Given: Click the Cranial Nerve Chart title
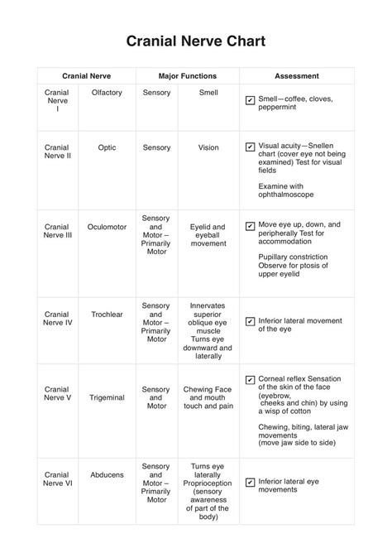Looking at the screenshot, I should [x=196, y=41].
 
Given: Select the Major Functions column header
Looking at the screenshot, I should [x=182, y=74].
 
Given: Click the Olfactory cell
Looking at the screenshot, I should [x=107, y=93].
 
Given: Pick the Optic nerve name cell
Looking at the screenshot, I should [x=107, y=147].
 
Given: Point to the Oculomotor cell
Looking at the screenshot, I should [x=107, y=226].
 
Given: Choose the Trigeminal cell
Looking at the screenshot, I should [x=107, y=397].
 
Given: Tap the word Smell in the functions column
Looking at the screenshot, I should [x=208, y=93].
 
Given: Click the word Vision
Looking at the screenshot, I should [x=208, y=147].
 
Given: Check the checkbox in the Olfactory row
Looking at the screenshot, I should [x=250, y=100].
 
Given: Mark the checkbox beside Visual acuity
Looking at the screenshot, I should [x=250, y=147].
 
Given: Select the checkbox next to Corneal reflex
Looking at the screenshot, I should [x=250, y=380].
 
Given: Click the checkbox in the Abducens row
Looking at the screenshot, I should [x=250, y=482].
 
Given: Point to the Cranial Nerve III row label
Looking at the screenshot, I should [x=57, y=230].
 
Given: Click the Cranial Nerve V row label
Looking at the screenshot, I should [x=57, y=393].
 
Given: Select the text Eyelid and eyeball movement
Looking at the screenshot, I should [x=208, y=235].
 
